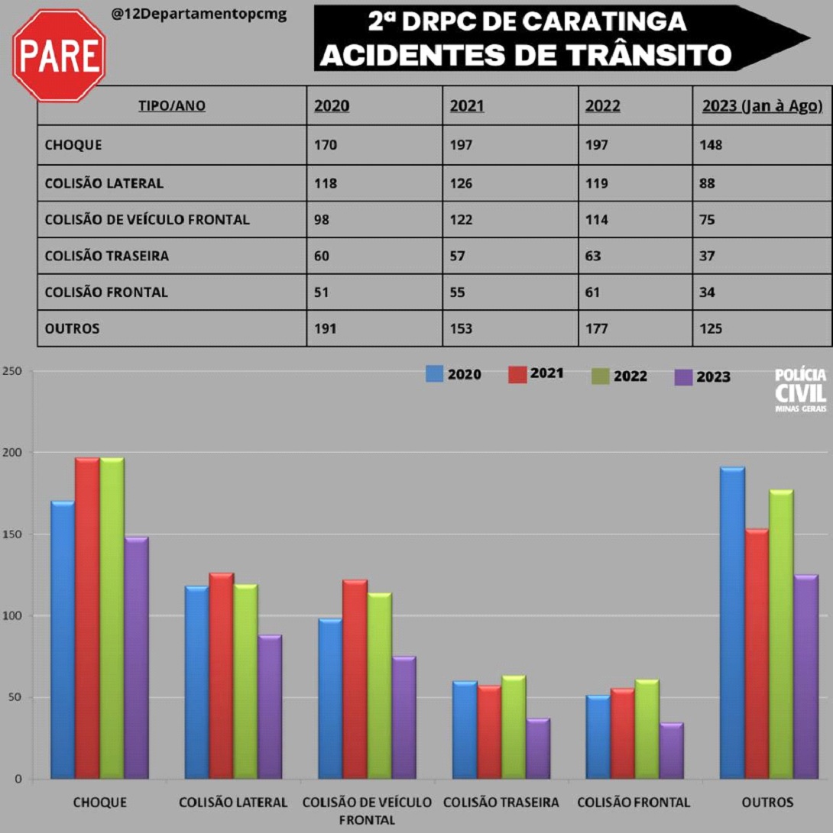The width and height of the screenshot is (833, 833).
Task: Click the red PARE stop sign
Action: pyautogui.click(x=59, y=55)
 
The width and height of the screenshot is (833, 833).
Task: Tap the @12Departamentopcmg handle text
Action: pyautogui.click(x=199, y=15)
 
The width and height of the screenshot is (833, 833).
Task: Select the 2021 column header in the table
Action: pyautogui.click(x=466, y=106)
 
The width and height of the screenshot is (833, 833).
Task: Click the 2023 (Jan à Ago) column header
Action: pyautogui.click(x=762, y=106)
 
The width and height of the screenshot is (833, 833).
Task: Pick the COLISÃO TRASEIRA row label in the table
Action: pyautogui.click(x=107, y=256)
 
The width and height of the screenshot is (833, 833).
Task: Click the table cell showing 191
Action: pyautogui.click(x=326, y=329)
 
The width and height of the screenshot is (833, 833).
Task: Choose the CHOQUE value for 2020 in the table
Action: pyautogui.click(x=326, y=144)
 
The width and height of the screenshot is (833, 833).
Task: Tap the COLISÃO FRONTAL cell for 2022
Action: pyautogui.click(x=593, y=292)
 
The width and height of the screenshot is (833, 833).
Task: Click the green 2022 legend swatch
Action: pyautogui.click(x=601, y=376)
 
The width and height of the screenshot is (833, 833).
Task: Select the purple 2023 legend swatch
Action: pyautogui.click(x=684, y=376)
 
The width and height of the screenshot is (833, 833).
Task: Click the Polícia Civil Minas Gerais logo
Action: pyautogui.click(x=800, y=389)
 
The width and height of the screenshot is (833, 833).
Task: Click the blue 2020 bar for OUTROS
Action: pyautogui.click(x=733, y=622)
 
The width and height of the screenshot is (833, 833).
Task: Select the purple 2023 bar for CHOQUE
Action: pyautogui.click(x=136, y=657)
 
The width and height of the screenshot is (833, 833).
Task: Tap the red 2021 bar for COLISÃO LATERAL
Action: pyautogui.click(x=222, y=676)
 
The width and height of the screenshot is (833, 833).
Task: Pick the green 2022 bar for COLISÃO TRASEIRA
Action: pyautogui.click(x=514, y=727)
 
